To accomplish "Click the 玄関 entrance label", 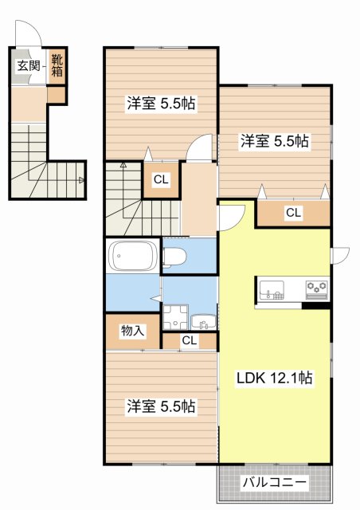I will (x=29, y=66).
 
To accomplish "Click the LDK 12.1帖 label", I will (x=273, y=379).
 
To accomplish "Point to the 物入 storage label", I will (x=132, y=331).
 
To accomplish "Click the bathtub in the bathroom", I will (x=134, y=256).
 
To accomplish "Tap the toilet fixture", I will (x=175, y=256).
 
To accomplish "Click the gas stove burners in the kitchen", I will (x=315, y=287).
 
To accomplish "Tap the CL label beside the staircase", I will (x=161, y=180).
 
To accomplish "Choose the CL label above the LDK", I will (x=293, y=213).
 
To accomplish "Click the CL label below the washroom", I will (x=189, y=341).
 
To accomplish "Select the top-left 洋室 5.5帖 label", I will (x=161, y=104).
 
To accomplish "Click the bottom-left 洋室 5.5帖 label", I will (x=161, y=406).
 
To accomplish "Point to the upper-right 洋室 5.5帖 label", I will (x=275, y=142).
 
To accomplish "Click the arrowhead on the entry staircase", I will (x=82, y=180).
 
